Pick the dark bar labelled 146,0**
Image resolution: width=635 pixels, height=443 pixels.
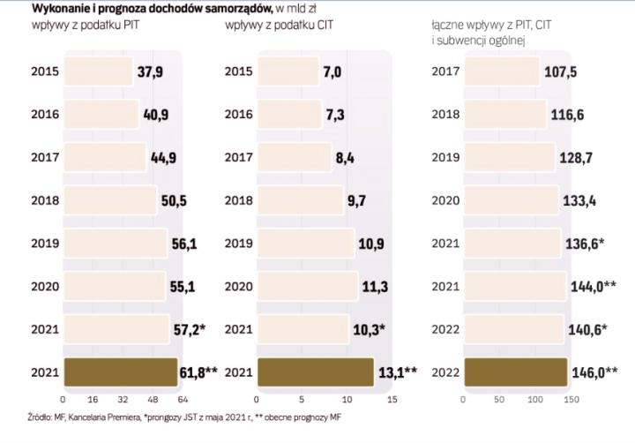[x=514, y=372]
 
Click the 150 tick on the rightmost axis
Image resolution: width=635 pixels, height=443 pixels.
[x=571, y=399]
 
